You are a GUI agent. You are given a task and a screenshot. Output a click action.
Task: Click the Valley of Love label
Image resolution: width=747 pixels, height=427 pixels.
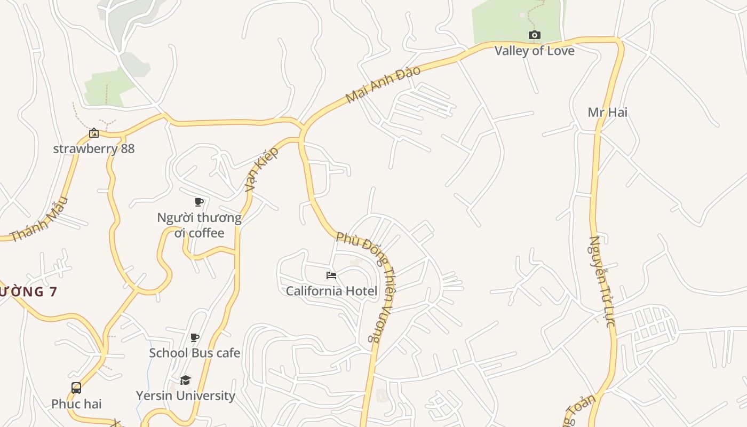click(534, 51)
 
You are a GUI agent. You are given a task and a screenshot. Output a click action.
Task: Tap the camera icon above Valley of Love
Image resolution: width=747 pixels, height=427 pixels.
click(534, 35)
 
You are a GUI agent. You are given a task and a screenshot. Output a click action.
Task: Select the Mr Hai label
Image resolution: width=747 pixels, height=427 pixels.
click(607, 112)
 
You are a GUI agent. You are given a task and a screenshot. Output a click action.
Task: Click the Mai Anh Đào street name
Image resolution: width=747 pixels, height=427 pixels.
click(383, 84)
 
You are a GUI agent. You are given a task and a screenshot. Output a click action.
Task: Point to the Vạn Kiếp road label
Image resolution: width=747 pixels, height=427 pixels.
click(262, 169)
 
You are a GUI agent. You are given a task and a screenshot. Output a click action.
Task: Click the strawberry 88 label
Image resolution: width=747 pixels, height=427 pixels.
click(94, 148)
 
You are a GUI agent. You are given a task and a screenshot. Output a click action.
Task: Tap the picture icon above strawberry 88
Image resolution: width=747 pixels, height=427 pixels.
click(94, 133)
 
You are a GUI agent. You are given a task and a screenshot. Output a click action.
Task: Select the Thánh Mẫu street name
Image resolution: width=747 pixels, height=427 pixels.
click(39, 219)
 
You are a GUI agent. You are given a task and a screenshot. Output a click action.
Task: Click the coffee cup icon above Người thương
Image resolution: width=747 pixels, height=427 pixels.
click(198, 202)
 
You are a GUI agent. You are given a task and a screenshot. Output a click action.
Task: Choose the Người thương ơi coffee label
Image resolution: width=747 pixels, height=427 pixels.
click(199, 225)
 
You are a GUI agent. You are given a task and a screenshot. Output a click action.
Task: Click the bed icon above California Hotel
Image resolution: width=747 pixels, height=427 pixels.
click(331, 275)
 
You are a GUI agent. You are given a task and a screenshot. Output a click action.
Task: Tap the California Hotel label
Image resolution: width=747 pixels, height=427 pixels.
click(331, 291)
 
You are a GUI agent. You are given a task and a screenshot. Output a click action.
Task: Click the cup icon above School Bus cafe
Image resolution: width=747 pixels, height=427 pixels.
click(195, 337)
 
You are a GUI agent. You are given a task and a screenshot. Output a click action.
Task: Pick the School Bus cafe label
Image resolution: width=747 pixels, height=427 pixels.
click(195, 353)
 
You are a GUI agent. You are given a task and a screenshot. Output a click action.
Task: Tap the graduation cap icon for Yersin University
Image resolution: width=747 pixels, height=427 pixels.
click(185, 380)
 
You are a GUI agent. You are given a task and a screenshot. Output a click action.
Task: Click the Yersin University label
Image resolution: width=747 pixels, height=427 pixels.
click(185, 396)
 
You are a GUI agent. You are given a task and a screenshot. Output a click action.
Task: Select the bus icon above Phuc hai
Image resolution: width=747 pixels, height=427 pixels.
click(76, 388)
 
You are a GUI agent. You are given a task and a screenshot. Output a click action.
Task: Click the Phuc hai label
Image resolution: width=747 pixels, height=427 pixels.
click(76, 404)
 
